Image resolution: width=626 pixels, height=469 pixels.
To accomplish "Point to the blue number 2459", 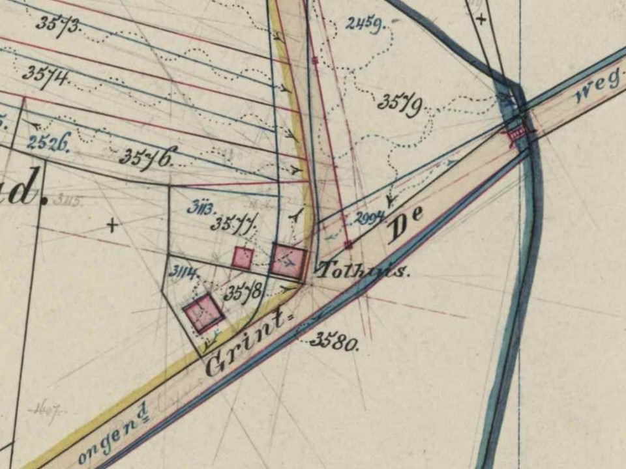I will (365, 25).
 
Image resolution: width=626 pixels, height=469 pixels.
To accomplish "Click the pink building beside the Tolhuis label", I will (288, 261).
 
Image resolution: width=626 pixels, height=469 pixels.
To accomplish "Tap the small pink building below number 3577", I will (243, 258).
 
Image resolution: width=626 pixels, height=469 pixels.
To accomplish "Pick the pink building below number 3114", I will (204, 313).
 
